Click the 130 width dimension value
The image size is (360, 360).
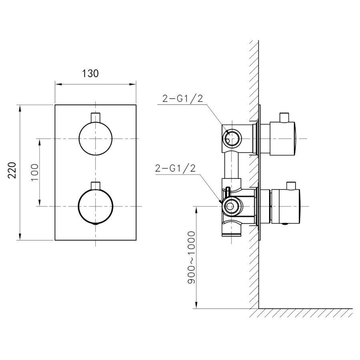pyautogui.click(x=90, y=74)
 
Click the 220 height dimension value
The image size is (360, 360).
pyautogui.click(x=12, y=170)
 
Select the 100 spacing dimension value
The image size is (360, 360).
pyautogui.click(x=35, y=172)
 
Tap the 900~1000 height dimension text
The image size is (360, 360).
pyautogui.click(x=191, y=257)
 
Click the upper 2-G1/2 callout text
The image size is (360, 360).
pyautogui.click(x=183, y=99)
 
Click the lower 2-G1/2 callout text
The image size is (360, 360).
pyautogui.click(x=176, y=168)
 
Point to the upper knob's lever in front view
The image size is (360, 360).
pyautogui.click(x=96, y=117)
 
